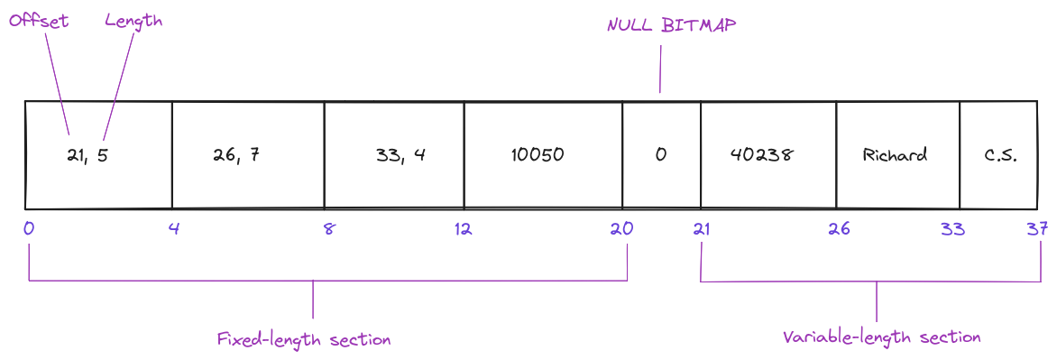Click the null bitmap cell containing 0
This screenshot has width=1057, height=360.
coord(661,155)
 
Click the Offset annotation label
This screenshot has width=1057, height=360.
coord(39,21)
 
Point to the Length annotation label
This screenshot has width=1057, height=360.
coord(133,21)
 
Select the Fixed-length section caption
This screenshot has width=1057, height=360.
coord(304,340)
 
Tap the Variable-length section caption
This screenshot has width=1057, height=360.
coord(881,337)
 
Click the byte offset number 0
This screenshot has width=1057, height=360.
coord(29,229)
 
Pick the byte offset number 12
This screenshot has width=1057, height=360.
coord(463,229)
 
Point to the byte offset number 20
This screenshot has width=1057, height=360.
coord(621,229)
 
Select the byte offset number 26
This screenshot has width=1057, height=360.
coord(839,229)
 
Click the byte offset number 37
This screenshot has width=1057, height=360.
coord(1036,229)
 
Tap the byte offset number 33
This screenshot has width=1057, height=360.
coord(952,229)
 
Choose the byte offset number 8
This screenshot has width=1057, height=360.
coord(328,229)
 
